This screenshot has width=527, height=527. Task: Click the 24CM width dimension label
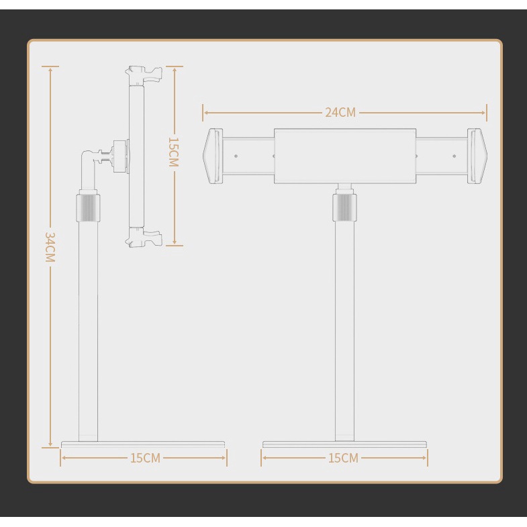tap(340, 112)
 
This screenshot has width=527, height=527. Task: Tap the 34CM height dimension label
tap(50, 247)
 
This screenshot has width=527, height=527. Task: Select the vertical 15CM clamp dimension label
tap(174, 152)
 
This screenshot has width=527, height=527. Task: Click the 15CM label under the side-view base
tap(145, 458)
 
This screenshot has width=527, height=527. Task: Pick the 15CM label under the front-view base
tap(343, 458)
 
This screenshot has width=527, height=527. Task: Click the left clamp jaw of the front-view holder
tap(213, 156)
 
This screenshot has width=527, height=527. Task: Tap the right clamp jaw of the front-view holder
tap(477, 156)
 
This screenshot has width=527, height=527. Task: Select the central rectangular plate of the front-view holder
tap(345, 156)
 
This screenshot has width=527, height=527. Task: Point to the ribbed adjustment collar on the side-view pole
tap(88, 206)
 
